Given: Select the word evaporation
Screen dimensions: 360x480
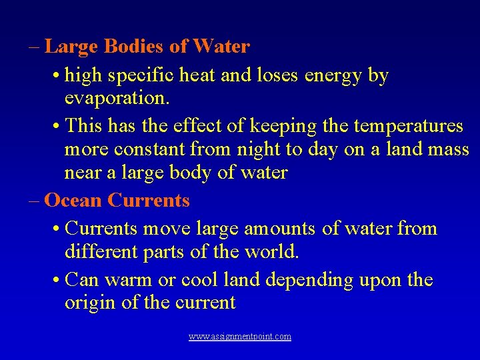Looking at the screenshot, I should pyautogui.click(x=117, y=99).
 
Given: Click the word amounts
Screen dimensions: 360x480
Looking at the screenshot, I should pyautogui.click(x=280, y=229).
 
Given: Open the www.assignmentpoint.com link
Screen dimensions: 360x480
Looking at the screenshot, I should pyautogui.click(x=239, y=337).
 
